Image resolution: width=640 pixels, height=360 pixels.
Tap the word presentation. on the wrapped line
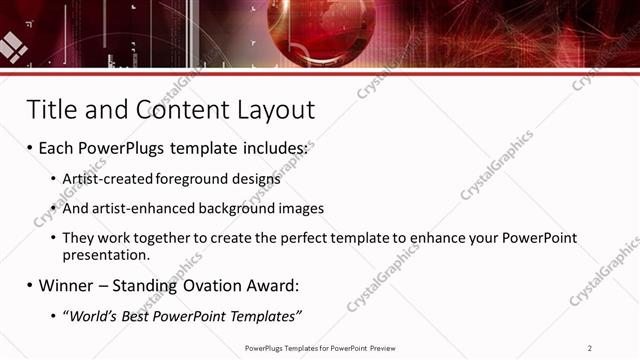(x=105, y=255)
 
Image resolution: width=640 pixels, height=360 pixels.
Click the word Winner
(x=65, y=286)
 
